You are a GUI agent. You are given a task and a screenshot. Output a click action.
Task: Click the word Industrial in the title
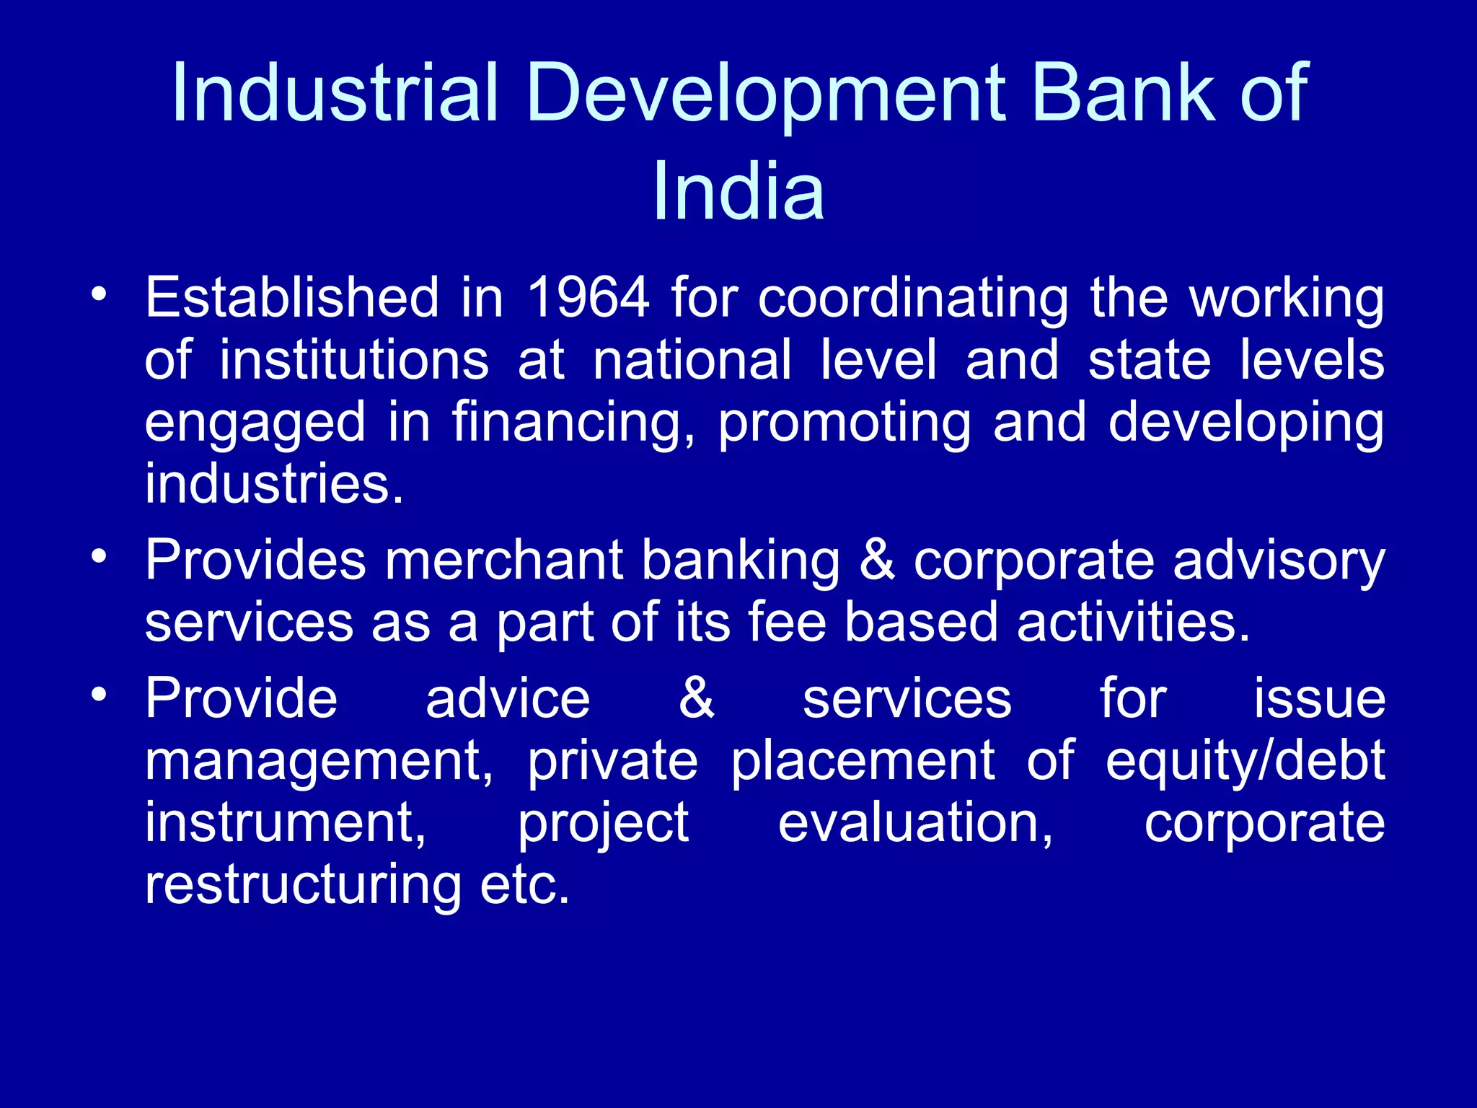335,92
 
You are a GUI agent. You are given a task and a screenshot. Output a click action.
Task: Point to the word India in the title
738,191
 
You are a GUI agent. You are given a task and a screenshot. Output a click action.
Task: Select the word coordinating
913,299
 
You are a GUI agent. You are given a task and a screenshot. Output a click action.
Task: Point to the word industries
274,483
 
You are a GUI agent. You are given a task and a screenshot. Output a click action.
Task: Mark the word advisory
1279,561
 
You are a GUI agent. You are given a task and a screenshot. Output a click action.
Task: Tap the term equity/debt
1245,762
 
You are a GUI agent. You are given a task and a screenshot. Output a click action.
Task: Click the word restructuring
303,885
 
